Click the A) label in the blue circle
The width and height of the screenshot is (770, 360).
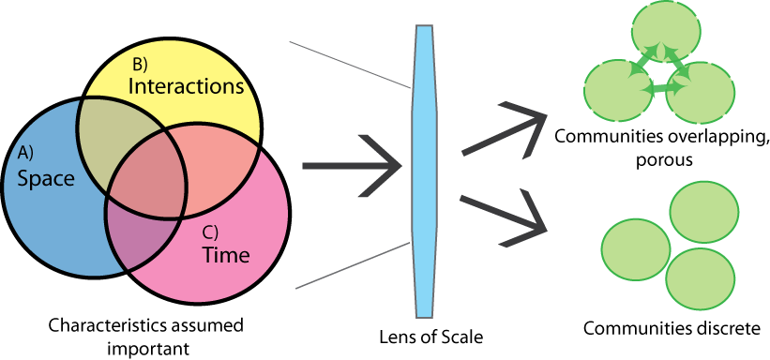(26, 153)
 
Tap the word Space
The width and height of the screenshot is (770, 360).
(46, 177)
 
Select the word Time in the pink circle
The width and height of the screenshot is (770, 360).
(226, 255)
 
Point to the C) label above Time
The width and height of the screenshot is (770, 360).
(211, 232)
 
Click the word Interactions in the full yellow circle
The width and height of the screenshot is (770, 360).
(186, 86)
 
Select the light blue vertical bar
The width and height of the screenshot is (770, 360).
(425, 169)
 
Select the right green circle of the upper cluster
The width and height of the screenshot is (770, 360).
(702, 93)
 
